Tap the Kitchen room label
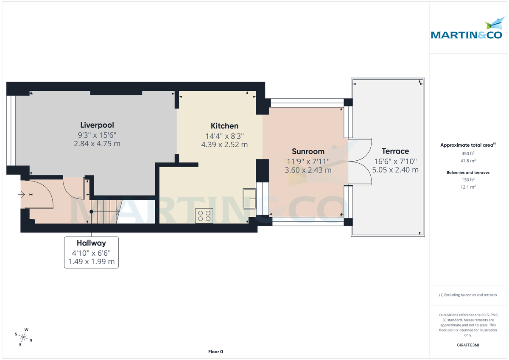point(224,126)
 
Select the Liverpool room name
point(97,125)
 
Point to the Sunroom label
point(308,151)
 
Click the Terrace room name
point(395,151)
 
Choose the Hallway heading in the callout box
point(91,243)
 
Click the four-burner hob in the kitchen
point(204,215)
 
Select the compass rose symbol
point(24,338)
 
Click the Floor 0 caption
point(215,352)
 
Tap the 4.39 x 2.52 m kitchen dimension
point(224,145)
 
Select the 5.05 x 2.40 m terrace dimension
point(395,170)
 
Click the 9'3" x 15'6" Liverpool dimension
point(97,135)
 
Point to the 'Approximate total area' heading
point(467,145)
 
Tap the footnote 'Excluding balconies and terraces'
point(468,295)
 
